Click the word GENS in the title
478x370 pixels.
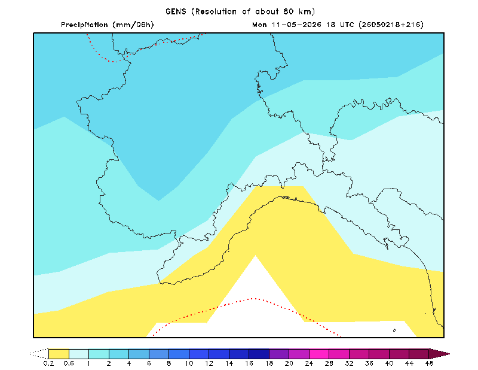coord(176,11)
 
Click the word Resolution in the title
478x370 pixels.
coord(216,11)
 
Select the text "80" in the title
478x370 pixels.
coord(288,11)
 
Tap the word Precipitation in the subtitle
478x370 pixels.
coord(84,25)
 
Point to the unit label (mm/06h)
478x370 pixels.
coord(133,25)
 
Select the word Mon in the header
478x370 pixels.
coord(259,25)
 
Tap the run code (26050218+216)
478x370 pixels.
coord(391,25)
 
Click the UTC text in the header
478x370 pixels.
coord(347,25)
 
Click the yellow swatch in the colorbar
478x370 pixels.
coord(59,354)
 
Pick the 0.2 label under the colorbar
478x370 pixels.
coord(48,363)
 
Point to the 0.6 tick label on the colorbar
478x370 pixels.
coord(69,363)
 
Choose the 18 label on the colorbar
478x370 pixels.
coord(269,363)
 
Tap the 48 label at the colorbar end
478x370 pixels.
coord(429,363)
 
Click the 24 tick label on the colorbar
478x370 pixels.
coord(309,363)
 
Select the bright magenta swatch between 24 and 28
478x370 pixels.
coord(319,354)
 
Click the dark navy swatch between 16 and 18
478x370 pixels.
coord(259,354)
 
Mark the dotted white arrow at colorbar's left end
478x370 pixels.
coord(39,354)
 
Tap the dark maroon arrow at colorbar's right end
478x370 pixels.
coord(439,354)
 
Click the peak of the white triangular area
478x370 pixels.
coord(256,256)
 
